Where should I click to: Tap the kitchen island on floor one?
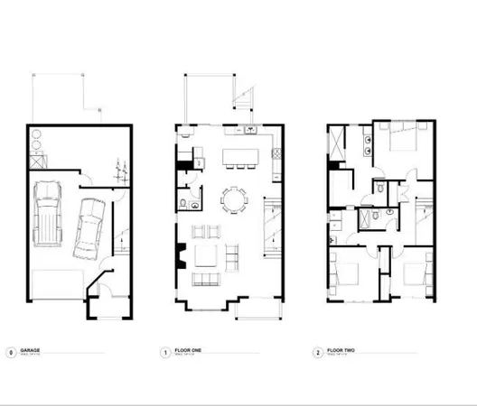[238, 149]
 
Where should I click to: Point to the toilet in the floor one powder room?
[183, 200]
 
